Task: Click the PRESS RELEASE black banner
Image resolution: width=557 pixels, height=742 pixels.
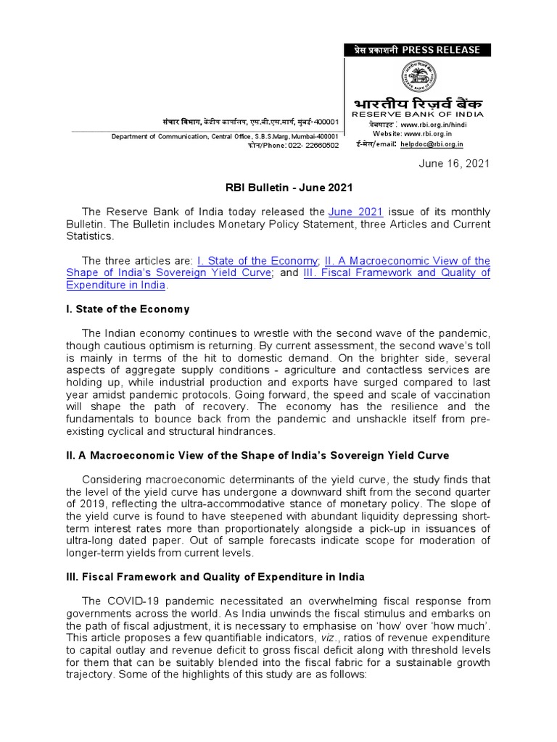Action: (x=417, y=50)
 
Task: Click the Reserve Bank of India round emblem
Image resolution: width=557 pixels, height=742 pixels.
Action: (x=419, y=77)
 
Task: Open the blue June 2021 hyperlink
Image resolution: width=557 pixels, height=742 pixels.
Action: (x=355, y=212)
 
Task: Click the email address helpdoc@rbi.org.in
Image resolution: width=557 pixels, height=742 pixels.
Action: (x=432, y=144)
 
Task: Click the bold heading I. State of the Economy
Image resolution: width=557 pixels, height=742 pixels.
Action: (x=128, y=309)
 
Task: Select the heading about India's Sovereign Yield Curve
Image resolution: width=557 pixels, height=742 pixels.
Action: (x=257, y=456)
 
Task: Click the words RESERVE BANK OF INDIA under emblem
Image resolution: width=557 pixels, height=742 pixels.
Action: (x=417, y=115)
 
